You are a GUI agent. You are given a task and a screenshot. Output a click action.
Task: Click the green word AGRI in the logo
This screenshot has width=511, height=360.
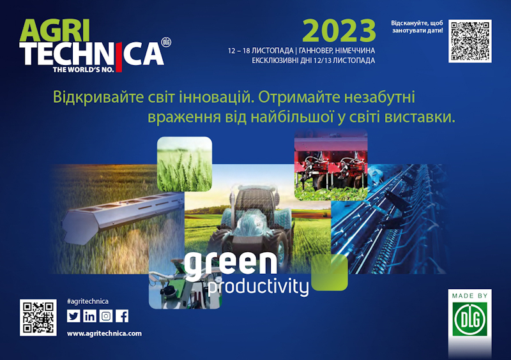55,30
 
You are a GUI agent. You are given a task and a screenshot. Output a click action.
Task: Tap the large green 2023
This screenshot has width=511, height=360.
339,31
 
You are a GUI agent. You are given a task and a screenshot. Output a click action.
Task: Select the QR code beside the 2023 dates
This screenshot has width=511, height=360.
470,41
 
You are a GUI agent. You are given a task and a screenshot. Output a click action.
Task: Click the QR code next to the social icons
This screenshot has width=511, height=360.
38,318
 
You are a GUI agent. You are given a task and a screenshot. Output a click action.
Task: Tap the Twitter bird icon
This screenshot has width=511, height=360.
73,316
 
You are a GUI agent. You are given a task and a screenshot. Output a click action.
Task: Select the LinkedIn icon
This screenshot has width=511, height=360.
89,316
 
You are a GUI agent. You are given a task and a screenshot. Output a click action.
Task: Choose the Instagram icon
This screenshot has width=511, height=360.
106,316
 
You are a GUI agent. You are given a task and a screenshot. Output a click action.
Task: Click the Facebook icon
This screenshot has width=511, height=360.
122,316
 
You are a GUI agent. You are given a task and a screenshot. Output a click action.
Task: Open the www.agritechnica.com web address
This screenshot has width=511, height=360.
104,334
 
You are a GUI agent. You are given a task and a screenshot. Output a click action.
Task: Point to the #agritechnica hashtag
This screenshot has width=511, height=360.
88,301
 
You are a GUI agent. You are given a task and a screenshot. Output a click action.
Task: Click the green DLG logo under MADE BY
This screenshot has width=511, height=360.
470,319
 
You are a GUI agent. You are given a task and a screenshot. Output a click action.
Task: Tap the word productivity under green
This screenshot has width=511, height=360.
258,287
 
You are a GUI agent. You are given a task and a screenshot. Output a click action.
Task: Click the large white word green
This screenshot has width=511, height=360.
231,263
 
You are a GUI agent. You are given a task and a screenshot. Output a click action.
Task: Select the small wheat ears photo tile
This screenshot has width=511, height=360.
185,164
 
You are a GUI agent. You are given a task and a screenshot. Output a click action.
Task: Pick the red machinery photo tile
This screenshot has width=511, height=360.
331,165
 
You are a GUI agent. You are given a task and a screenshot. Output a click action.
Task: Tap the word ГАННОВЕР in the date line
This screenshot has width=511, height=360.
316,51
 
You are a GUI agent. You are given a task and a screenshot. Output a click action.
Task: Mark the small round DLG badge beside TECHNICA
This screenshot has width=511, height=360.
166,43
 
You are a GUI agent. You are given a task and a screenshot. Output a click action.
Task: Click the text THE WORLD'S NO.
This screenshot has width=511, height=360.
84,70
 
